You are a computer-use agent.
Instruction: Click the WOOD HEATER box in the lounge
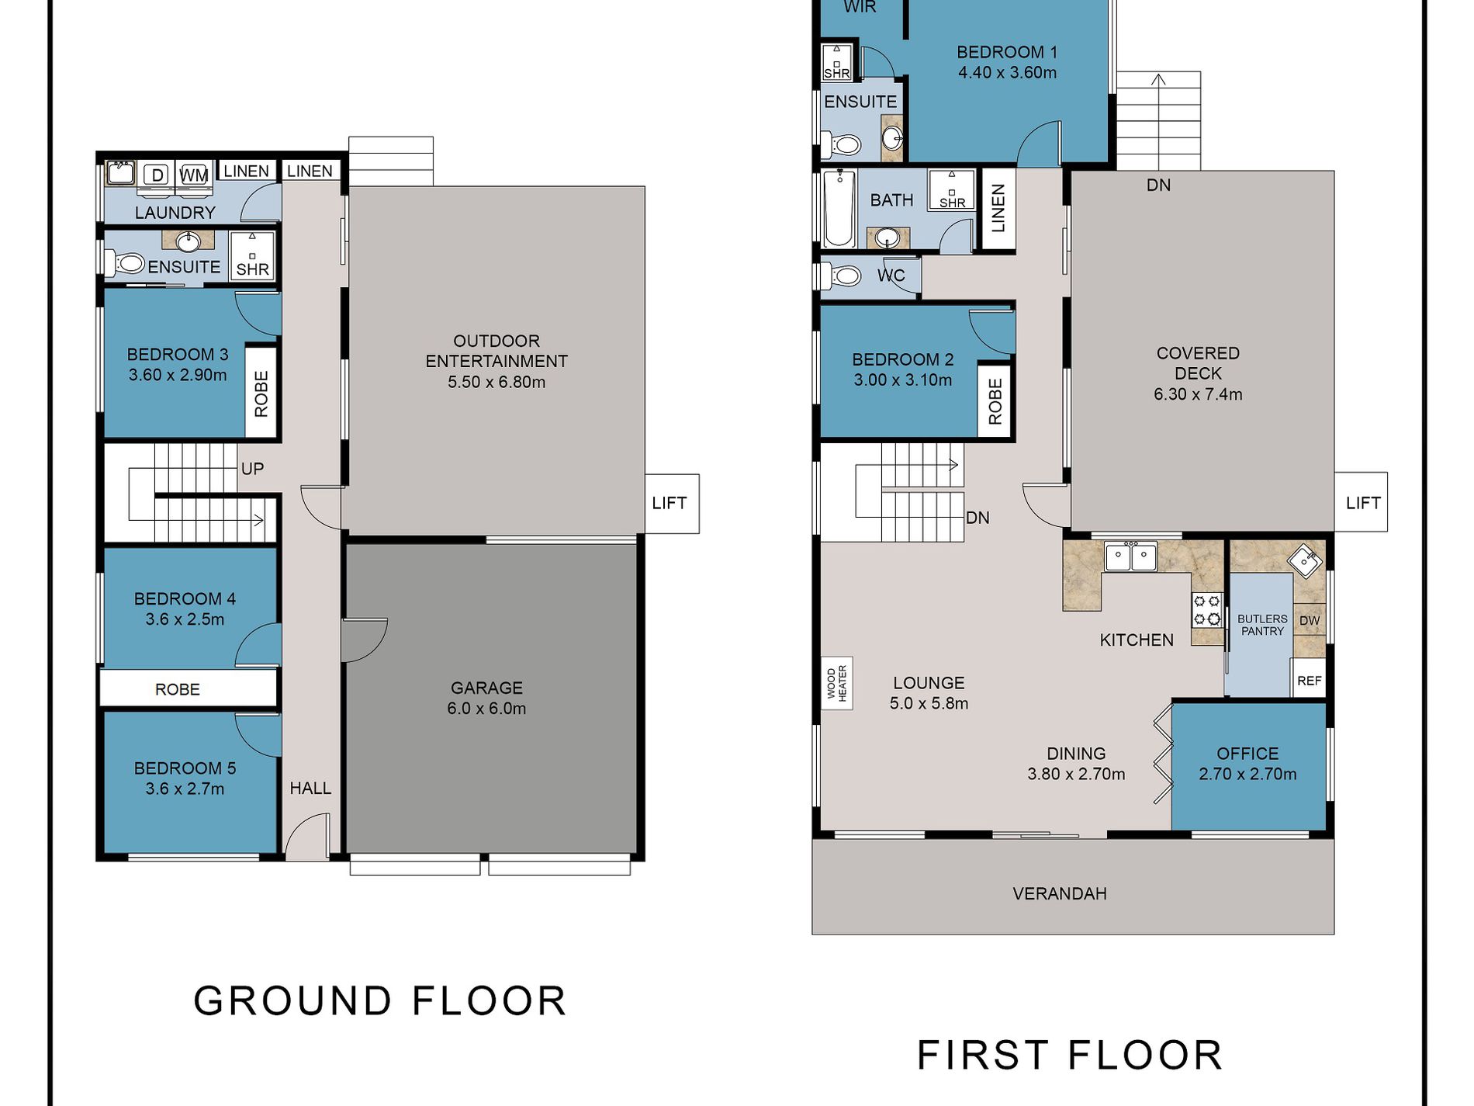pyautogui.click(x=837, y=683)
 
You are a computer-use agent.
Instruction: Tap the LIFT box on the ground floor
pyautogui.click(x=672, y=504)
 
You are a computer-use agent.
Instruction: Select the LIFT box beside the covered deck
pyautogui.click(x=1362, y=502)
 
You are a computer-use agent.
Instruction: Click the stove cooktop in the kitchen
pyautogui.click(x=1207, y=609)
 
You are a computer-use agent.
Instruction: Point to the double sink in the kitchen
pyautogui.click(x=1131, y=556)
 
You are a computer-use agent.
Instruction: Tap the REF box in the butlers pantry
pyautogui.click(x=1309, y=680)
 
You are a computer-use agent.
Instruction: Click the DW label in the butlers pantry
pyautogui.click(x=1310, y=620)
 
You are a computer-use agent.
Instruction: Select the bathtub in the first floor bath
pyautogui.click(x=839, y=210)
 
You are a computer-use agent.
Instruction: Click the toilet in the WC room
pyautogui.click(x=842, y=276)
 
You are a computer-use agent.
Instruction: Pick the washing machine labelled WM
pyautogui.click(x=194, y=175)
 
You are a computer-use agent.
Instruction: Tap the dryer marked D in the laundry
pyautogui.click(x=157, y=175)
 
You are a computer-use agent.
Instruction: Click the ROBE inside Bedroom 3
pyautogui.click(x=261, y=393)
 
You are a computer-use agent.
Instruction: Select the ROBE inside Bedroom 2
pyautogui.click(x=995, y=401)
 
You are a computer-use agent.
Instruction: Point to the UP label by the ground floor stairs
pyautogui.click(x=252, y=469)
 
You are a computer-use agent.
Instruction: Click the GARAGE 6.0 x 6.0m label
pyautogui.click(x=486, y=698)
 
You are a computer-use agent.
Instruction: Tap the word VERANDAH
pyautogui.click(x=1060, y=893)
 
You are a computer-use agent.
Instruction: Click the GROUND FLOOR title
pyautogui.click(x=380, y=1000)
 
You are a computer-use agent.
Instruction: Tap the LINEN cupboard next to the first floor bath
pyautogui.click(x=998, y=208)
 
